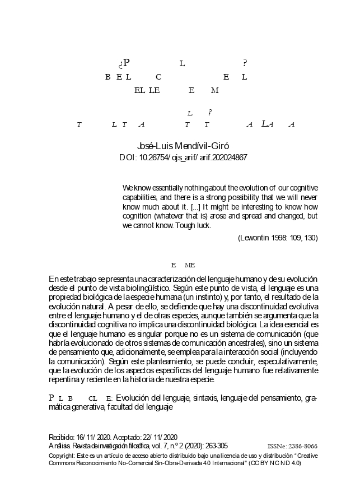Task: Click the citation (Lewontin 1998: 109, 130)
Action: coord(278,238)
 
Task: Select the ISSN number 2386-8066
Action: coord(301,446)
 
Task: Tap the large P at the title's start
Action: coord(127,63)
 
